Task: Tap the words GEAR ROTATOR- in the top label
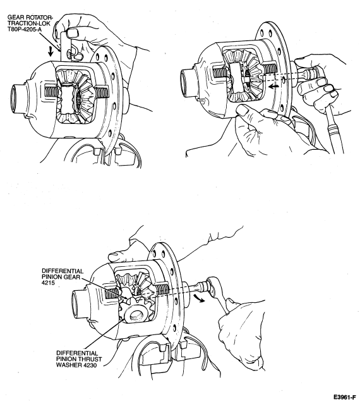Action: [x=30, y=18]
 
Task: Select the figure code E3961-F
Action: [x=345, y=397]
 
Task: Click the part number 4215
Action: [x=48, y=283]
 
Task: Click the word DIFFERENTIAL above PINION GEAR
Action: [x=63, y=271]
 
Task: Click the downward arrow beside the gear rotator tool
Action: [x=51, y=51]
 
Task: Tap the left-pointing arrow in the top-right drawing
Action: [x=273, y=87]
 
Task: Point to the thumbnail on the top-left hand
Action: [x=72, y=33]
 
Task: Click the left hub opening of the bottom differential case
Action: [x=76, y=304]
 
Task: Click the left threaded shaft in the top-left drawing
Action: [x=52, y=92]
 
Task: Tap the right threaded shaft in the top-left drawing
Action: [x=103, y=92]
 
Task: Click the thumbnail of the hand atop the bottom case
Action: [x=113, y=256]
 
